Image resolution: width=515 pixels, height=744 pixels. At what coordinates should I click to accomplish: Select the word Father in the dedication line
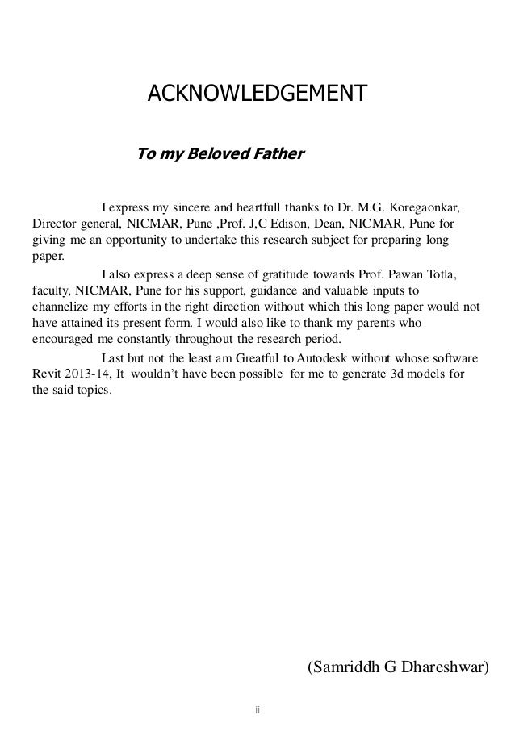click(x=277, y=153)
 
